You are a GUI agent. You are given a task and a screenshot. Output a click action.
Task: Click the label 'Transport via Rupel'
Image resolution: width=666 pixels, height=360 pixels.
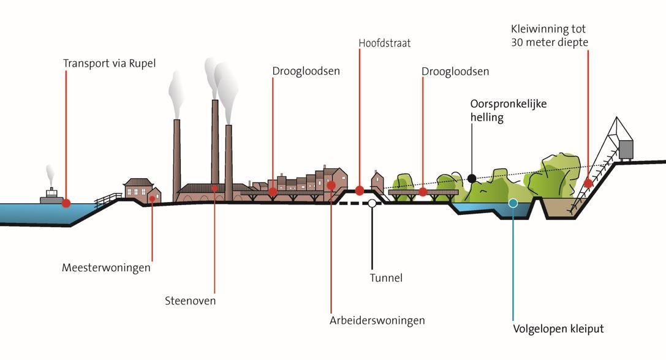pos(110,63)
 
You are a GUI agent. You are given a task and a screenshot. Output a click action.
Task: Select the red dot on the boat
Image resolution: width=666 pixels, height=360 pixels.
pos(66,203)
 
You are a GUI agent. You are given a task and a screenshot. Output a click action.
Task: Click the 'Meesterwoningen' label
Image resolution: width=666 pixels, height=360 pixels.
pos(106,268)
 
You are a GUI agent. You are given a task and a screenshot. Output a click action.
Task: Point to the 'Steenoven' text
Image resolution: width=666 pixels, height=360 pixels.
pos(191,301)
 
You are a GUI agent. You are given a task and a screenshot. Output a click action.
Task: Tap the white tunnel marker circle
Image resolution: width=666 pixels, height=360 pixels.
pos(371,203)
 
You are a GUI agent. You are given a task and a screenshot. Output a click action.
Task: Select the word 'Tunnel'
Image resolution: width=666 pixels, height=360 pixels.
pos(386,278)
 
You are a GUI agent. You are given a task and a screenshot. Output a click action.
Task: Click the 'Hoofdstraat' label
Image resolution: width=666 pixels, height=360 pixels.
pos(384,43)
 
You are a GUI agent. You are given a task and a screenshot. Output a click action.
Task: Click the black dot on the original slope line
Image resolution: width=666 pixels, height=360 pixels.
pos(471,178)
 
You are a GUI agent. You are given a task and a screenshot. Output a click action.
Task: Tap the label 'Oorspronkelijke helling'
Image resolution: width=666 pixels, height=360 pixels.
pos(508,111)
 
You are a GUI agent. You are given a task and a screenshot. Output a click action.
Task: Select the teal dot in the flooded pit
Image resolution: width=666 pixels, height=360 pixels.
pos(513,203)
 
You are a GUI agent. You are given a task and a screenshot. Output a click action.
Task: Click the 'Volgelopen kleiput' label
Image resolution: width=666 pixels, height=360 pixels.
pos(558,329)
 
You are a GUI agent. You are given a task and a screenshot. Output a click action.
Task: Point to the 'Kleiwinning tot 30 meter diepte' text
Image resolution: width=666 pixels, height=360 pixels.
pos(549,36)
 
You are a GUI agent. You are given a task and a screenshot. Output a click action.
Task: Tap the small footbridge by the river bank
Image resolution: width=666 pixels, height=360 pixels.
pos(108,199)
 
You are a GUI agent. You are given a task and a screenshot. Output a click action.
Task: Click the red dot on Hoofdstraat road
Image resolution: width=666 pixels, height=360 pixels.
pos(360,190)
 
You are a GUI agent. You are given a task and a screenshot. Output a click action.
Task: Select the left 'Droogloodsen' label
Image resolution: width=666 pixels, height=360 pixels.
pos(306,72)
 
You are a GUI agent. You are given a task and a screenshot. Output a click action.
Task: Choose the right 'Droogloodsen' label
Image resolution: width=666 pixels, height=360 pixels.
pos(455,72)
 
